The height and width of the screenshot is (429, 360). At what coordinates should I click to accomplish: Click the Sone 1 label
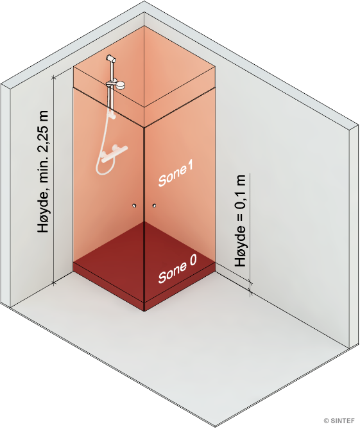176,173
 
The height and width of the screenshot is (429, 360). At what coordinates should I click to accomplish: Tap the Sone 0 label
177,268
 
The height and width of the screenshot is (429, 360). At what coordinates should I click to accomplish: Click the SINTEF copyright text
339,421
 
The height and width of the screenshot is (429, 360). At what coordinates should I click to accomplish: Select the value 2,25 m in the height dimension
44,132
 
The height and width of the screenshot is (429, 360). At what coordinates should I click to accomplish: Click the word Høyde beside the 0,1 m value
241,246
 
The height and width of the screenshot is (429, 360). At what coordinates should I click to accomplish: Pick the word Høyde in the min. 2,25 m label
44,212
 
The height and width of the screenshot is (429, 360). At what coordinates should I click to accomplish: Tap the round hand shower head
120,85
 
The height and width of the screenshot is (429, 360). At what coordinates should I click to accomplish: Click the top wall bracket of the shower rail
111,58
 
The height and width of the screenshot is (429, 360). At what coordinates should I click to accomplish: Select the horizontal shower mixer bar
114,154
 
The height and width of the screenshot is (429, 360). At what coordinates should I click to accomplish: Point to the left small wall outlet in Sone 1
134,206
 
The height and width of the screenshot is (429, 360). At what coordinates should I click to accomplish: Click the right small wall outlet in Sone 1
154,206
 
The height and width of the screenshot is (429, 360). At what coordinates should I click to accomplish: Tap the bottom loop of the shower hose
99,170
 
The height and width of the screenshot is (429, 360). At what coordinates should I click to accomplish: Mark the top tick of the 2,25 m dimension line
54,78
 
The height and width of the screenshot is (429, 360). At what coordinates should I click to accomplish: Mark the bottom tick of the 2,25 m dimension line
54,283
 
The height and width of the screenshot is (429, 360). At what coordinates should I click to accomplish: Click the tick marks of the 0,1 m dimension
250,288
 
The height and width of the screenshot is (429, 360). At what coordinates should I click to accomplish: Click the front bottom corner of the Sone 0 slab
144,311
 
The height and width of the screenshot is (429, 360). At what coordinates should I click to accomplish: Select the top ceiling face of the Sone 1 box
144,67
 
